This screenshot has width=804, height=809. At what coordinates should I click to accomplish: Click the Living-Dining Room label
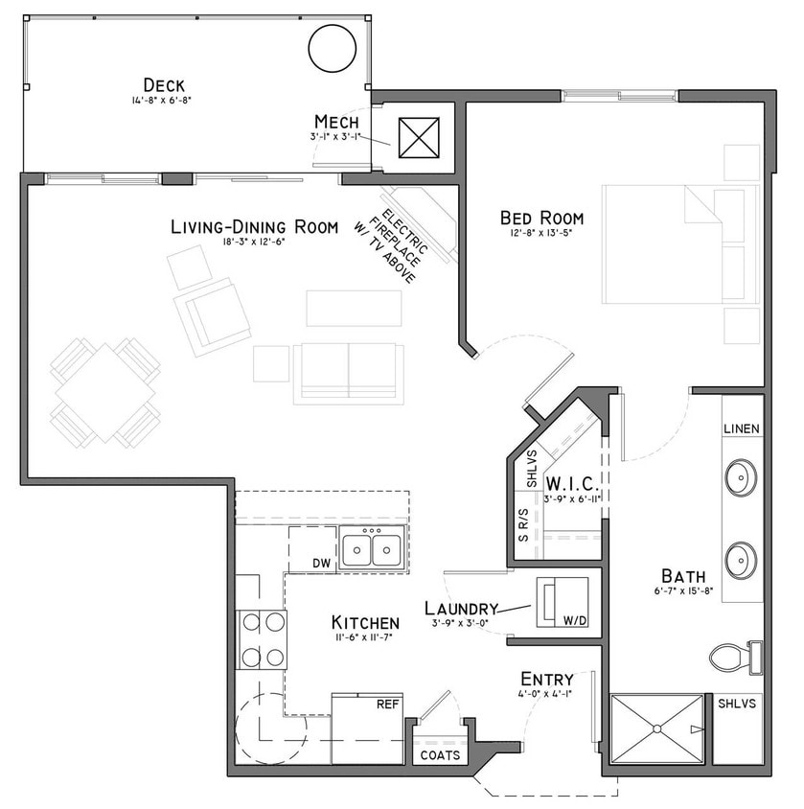point(254,227)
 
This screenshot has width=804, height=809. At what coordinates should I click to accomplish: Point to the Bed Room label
point(541,218)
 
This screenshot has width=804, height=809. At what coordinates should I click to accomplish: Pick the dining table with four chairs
point(105,394)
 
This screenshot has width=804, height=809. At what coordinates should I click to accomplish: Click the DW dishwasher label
point(322,563)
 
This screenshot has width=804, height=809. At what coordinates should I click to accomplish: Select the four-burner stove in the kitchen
point(263,639)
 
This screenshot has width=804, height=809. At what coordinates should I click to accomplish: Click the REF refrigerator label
point(387,705)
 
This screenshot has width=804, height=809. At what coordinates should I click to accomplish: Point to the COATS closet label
point(441,754)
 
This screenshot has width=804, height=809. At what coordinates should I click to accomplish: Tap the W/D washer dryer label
point(575,621)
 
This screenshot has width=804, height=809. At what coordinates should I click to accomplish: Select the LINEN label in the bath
point(742,428)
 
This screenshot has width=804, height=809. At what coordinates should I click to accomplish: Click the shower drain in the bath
point(657,728)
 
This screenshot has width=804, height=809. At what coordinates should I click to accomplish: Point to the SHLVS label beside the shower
point(737,704)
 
